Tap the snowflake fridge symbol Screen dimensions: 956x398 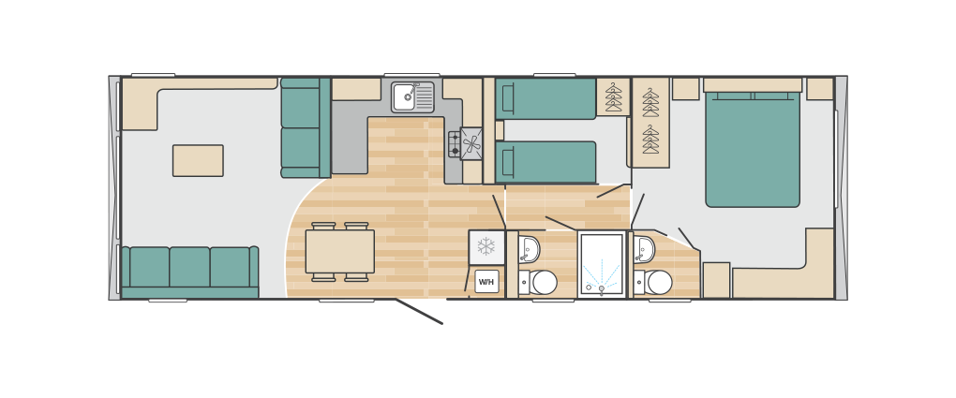[x=486, y=247]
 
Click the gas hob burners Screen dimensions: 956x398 [x=455, y=144]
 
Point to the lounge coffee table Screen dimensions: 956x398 [x=198, y=160]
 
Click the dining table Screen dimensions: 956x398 [x=339, y=251]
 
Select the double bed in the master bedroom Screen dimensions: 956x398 [x=753, y=149]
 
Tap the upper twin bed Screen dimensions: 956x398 [x=545, y=98]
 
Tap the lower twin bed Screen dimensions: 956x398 [x=545, y=162]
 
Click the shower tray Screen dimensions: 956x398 [x=602, y=264]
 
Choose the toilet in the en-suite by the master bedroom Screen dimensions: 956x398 [x=653, y=283]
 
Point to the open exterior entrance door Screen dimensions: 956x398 [x=419, y=312]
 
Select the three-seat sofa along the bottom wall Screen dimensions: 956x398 [x=190, y=272]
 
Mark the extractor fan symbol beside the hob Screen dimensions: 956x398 [x=471, y=144]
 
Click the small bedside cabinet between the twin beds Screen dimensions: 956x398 [x=500, y=130]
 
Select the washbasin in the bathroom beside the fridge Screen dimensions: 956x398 [x=530, y=249]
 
